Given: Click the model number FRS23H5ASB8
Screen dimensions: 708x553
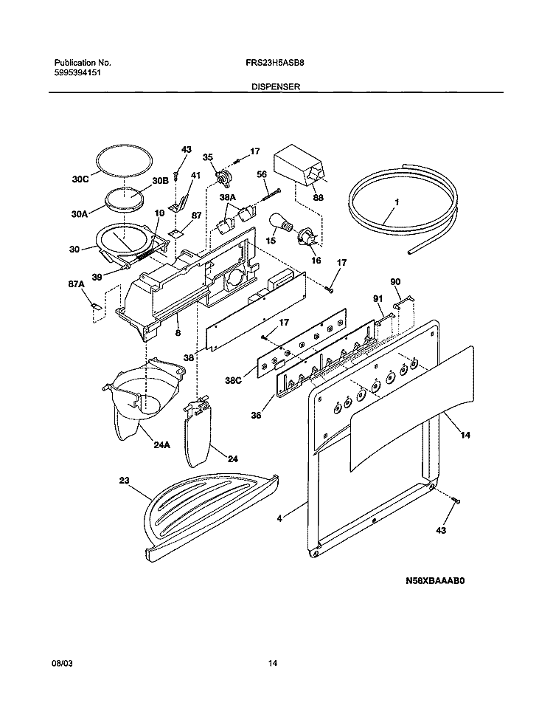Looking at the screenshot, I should click(x=274, y=63).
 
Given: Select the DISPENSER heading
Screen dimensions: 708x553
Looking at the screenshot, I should click(x=275, y=86).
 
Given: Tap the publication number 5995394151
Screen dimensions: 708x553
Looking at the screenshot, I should click(x=79, y=73).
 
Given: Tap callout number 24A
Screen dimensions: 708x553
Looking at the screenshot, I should click(x=161, y=445).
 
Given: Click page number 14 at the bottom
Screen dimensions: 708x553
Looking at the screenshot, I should click(x=273, y=664).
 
